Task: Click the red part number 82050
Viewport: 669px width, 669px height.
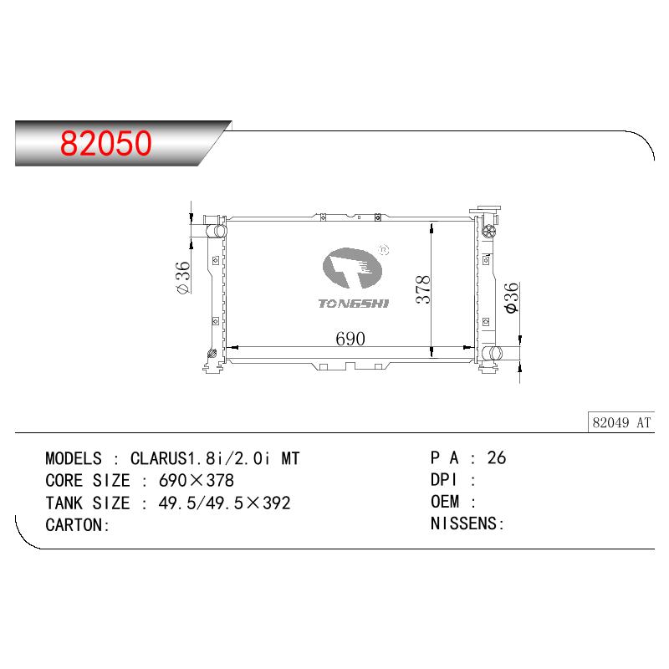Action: pyautogui.click(x=106, y=143)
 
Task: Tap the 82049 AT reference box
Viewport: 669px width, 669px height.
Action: pyautogui.click(x=620, y=422)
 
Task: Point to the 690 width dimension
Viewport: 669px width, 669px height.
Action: pyautogui.click(x=350, y=339)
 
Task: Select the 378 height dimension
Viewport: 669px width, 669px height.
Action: pyautogui.click(x=423, y=289)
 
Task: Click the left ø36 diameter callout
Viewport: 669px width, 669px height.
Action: pyautogui.click(x=182, y=278)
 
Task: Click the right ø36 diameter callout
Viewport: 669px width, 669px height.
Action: pyautogui.click(x=511, y=298)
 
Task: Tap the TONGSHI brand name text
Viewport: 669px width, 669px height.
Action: pyautogui.click(x=354, y=304)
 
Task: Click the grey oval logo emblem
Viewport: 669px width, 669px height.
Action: pyautogui.click(x=352, y=268)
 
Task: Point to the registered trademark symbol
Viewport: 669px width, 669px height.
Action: pyautogui.click(x=384, y=250)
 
